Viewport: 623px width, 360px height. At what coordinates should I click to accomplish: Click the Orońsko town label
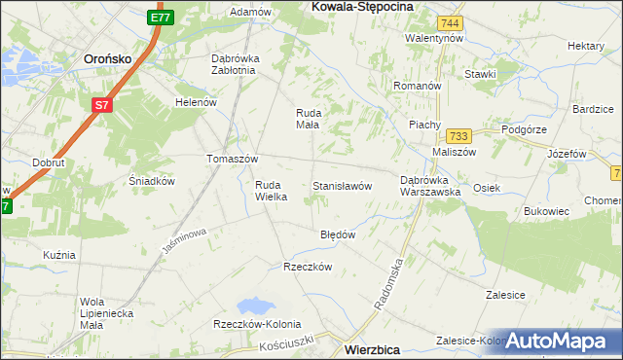[x=108, y=57]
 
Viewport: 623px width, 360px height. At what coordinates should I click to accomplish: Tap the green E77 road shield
[x=162, y=17]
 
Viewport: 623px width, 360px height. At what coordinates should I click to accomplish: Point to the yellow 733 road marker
[x=460, y=136]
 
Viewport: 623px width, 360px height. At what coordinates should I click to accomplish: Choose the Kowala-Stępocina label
[x=361, y=6]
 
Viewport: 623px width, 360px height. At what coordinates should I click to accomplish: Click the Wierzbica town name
[x=375, y=347]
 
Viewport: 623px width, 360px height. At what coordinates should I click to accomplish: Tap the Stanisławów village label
[x=342, y=185]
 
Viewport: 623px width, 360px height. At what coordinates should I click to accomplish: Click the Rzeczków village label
[x=308, y=267]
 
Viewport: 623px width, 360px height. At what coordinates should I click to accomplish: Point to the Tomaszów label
[x=232, y=159]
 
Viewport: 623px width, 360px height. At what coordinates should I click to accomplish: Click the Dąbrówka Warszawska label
[x=430, y=186]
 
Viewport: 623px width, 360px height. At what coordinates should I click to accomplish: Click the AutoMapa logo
[x=558, y=341]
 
